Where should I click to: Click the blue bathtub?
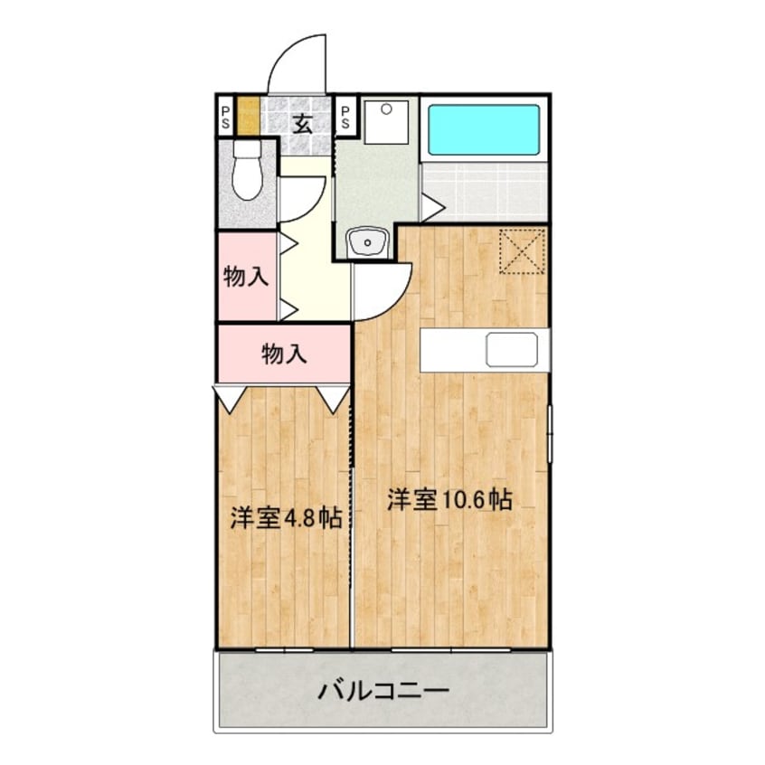point(484,128)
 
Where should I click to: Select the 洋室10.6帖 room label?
point(449,500)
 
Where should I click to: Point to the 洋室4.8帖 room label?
point(284,519)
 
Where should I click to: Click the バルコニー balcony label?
point(382,694)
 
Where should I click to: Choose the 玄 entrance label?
point(302,123)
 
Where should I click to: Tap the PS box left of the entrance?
point(224,117)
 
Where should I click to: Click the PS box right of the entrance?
point(345,117)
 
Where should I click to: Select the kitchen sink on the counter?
point(512,350)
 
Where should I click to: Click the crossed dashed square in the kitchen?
point(523,250)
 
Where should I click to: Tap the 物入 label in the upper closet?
point(246,277)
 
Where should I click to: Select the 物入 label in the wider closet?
point(284,354)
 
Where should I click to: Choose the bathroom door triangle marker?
point(430,208)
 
